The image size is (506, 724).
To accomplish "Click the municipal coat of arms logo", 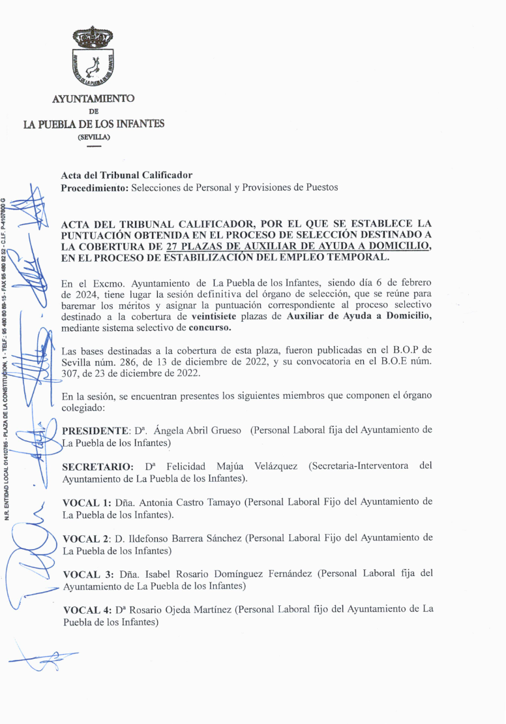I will (93, 58).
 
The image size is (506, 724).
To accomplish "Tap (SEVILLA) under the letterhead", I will (94, 137).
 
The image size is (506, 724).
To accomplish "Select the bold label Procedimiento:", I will (95, 188).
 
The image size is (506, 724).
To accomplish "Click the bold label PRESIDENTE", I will (92, 431).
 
